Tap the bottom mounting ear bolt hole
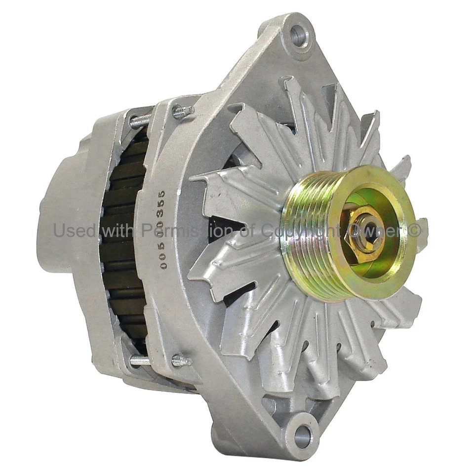pyautogui.click(x=302, y=436)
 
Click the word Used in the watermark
pyautogui.click(x=71, y=230)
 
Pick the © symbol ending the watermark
pyautogui.click(x=414, y=230)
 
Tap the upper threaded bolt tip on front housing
pyautogui.click(x=183, y=112)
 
